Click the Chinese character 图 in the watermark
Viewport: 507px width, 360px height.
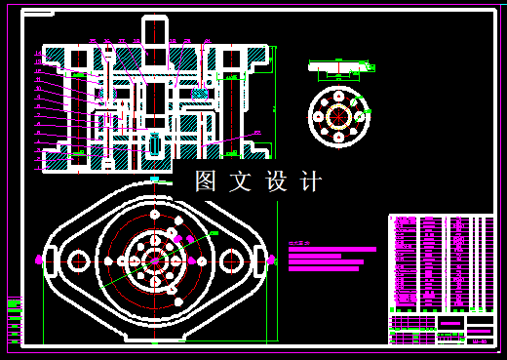205,181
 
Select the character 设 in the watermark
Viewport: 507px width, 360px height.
276,181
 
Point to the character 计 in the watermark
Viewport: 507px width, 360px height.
311,181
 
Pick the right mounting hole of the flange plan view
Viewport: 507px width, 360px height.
231,260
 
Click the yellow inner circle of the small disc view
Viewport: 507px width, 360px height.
338,115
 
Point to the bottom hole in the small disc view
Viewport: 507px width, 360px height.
338,136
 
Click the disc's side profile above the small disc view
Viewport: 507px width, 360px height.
338,67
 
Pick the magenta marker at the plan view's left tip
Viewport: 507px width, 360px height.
39,260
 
